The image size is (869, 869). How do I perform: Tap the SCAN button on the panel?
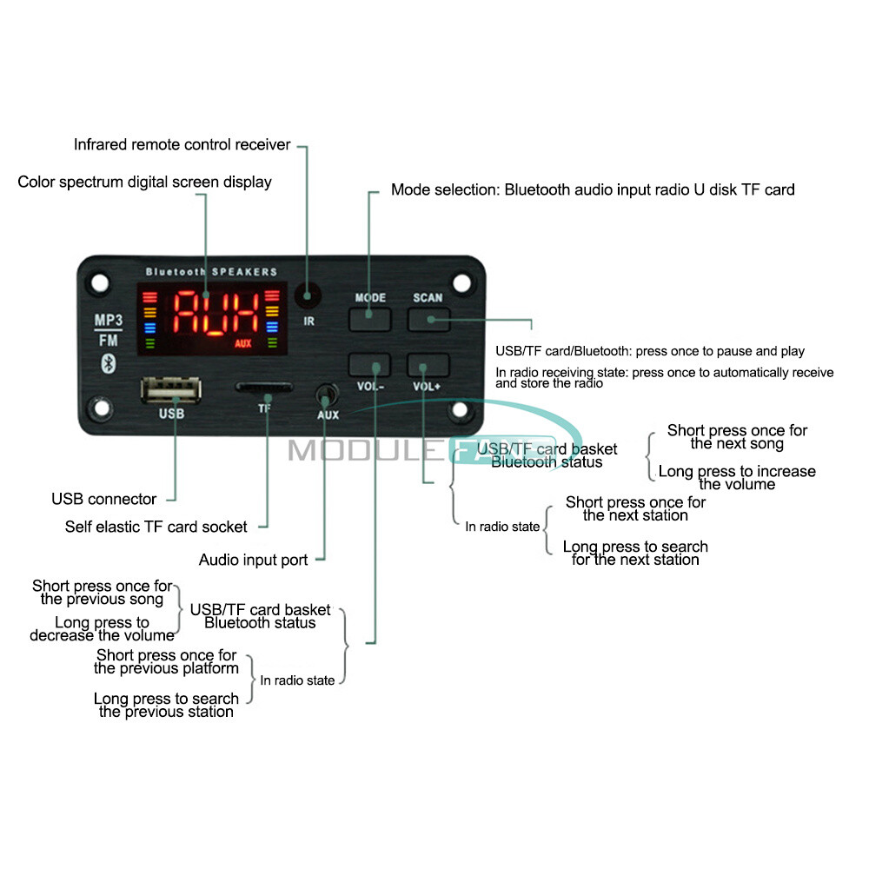click(x=428, y=320)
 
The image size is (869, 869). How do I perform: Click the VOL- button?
click(x=369, y=365)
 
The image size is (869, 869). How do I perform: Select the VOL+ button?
click(x=428, y=365)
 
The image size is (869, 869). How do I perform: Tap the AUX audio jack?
click(x=327, y=395)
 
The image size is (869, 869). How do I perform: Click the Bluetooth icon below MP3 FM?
click(x=109, y=362)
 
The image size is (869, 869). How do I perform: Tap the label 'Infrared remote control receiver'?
click(x=182, y=145)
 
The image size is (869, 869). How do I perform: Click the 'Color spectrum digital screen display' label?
click(x=144, y=182)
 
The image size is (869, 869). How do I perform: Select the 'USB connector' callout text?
click(x=104, y=499)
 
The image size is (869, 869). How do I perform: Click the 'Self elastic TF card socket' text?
click(x=156, y=527)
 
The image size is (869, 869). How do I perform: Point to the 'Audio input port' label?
click(x=253, y=560)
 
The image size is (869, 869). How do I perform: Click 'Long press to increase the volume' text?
click(x=737, y=478)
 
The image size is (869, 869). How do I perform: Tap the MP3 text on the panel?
click(x=108, y=320)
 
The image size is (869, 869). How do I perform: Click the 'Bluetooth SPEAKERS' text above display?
click(x=211, y=272)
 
